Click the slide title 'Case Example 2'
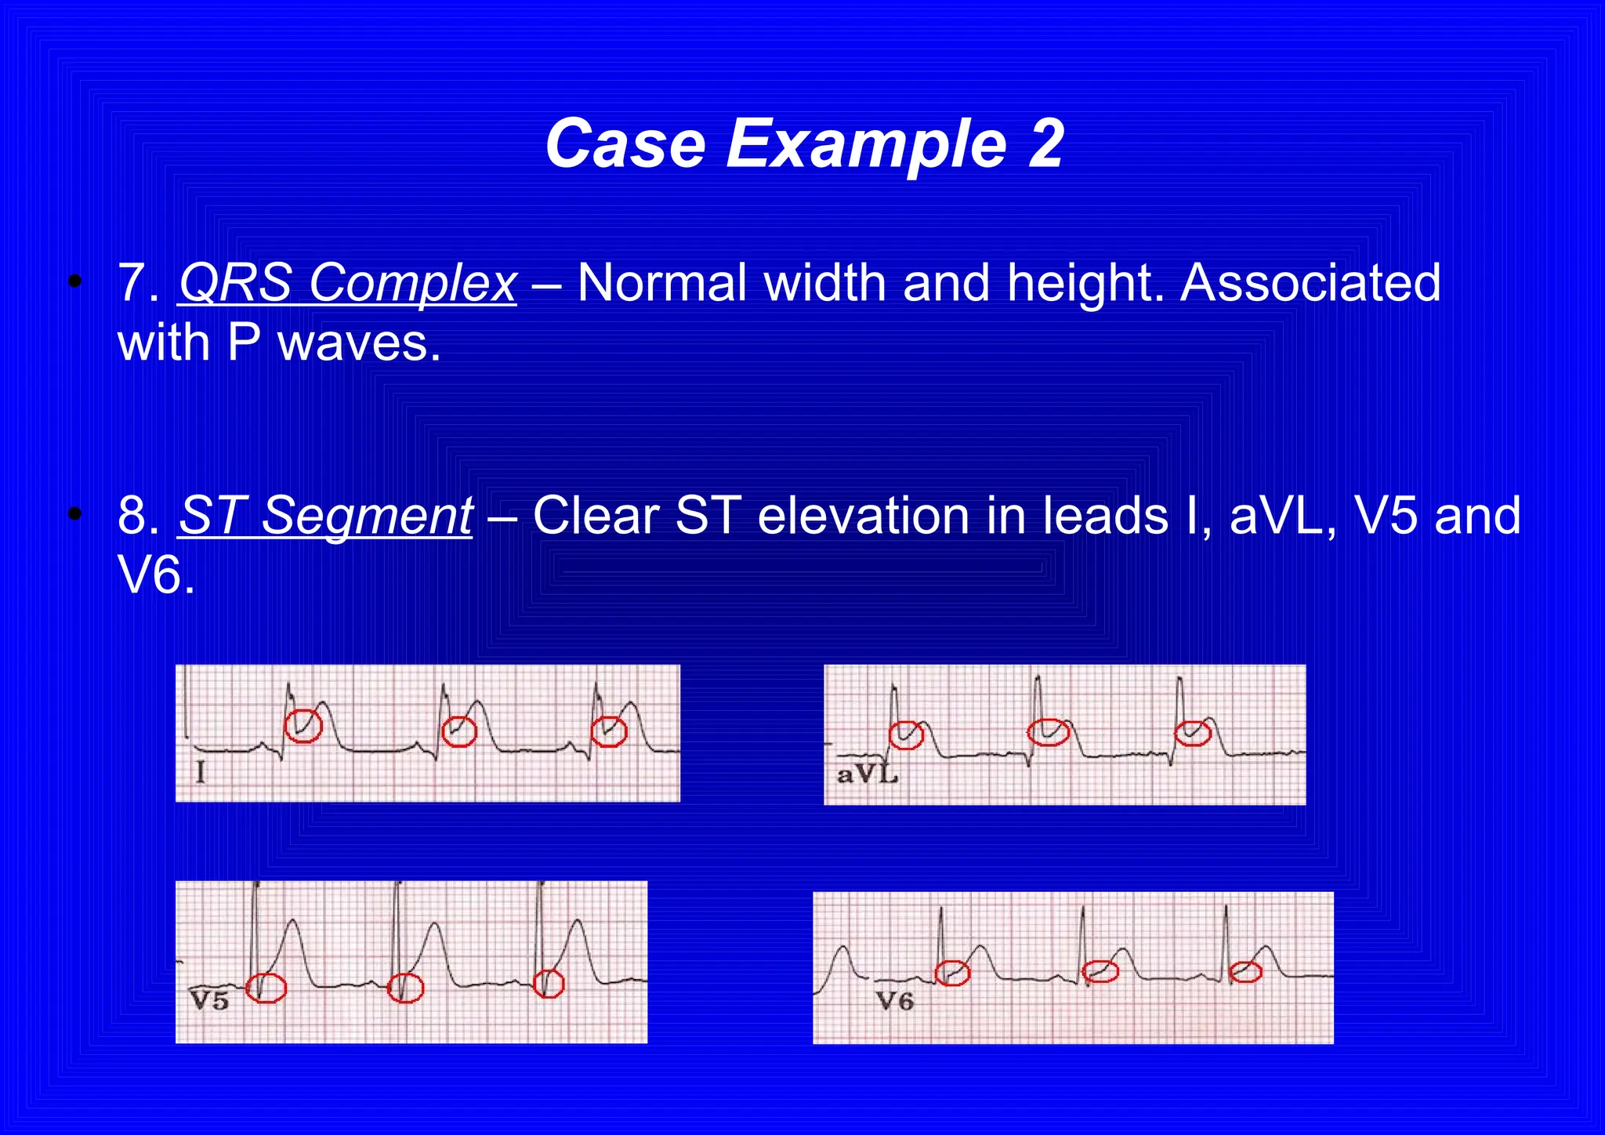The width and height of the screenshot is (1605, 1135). click(x=804, y=143)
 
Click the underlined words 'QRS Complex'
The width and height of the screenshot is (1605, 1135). click(x=348, y=282)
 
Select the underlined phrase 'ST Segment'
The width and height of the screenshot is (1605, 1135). click(x=326, y=516)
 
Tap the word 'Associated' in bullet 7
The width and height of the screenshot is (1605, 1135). click(x=1310, y=282)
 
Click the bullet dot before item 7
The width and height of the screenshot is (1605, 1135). click(x=75, y=281)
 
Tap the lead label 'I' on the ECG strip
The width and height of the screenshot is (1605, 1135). click(x=201, y=774)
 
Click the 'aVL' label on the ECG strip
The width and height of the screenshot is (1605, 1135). click(x=867, y=775)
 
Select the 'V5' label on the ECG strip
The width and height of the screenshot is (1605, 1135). click(x=209, y=1001)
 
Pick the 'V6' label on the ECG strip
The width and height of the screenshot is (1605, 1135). click(x=895, y=1001)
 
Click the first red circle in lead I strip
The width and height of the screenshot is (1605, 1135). click(x=303, y=726)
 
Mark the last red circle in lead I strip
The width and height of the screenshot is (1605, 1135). click(x=609, y=731)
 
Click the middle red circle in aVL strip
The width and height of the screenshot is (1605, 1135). click(x=1049, y=731)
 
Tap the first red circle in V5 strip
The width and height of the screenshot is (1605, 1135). click(x=266, y=988)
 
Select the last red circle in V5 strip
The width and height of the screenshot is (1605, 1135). click(x=549, y=983)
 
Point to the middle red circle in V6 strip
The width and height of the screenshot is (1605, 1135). click(x=1100, y=972)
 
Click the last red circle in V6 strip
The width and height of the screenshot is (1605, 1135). click(x=1245, y=973)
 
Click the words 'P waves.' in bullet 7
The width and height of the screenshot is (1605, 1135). click(x=335, y=343)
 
